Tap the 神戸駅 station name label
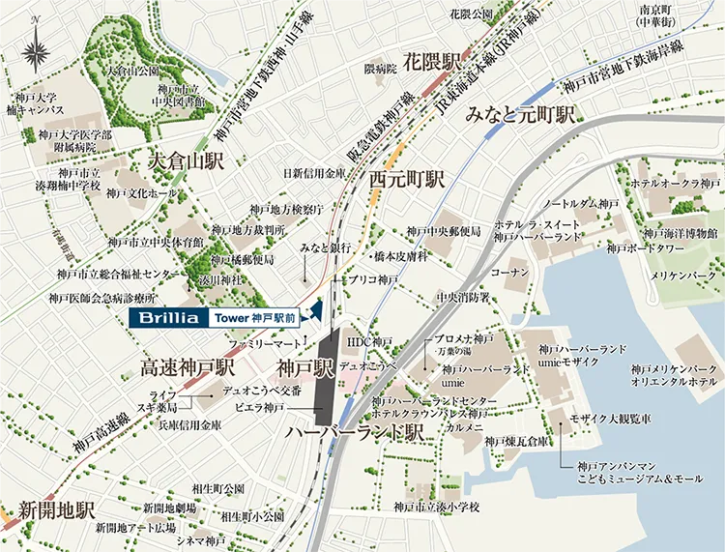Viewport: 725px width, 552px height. (x=304, y=368)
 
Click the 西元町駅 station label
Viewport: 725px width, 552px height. (x=407, y=180)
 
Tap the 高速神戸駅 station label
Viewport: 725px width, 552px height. (x=188, y=368)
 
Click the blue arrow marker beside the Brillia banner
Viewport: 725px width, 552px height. (x=314, y=310)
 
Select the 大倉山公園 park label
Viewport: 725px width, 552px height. (x=133, y=71)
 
